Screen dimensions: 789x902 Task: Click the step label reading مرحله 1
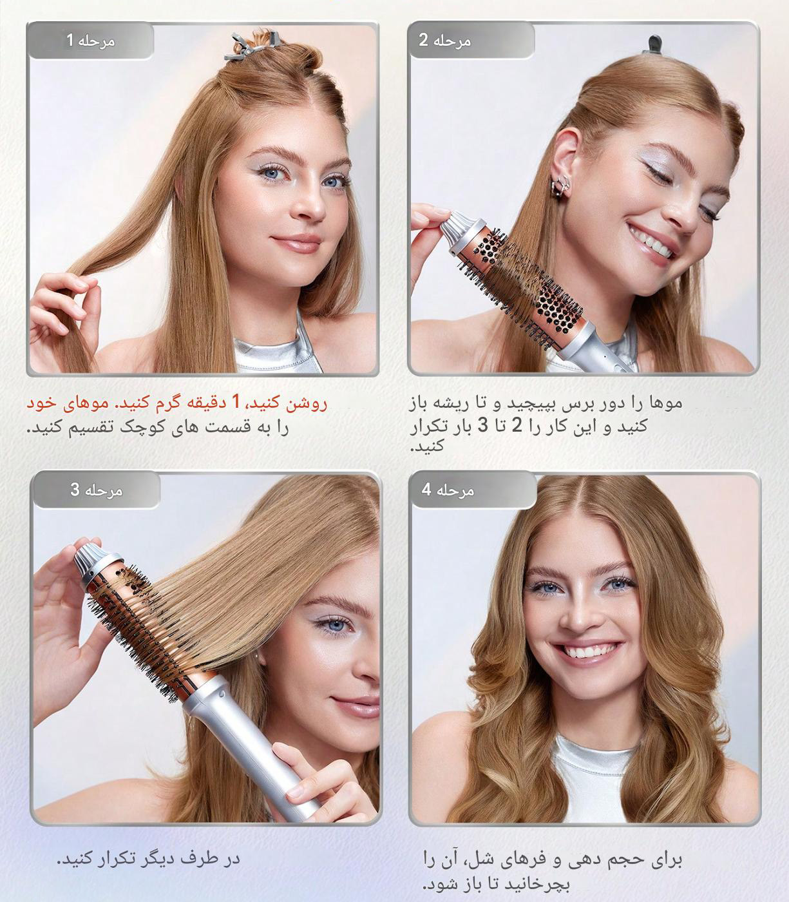tap(90, 41)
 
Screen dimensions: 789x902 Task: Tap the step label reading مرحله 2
tap(445, 41)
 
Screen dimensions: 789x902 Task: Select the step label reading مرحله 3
tap(96, 490)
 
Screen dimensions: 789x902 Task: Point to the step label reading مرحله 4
tap(448, 490)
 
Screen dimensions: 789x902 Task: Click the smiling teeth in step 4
tap(586, 650)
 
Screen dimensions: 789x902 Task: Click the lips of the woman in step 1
tap(297, 244)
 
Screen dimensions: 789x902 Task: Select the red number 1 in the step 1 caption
tap(236, 403)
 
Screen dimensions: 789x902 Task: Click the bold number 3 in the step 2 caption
tap(483, 425)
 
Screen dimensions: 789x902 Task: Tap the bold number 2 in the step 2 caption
tap(517, 425)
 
